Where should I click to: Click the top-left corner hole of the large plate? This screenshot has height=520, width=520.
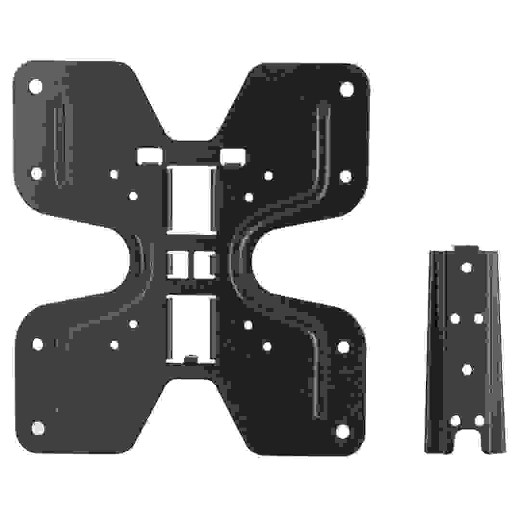point(36,87)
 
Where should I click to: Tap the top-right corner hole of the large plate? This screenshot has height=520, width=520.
point(346,89)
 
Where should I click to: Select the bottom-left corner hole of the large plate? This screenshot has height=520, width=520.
point(38,428)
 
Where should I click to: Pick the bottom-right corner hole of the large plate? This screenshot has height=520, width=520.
point(342,431)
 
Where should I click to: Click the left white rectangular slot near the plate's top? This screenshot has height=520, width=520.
point(149,155)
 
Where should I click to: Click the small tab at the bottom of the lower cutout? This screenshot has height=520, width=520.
point(191,359)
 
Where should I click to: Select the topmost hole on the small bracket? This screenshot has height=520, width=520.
point(466,267)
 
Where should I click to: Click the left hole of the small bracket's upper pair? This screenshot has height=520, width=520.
point(455,318)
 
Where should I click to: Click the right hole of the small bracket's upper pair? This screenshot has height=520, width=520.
point(478,318)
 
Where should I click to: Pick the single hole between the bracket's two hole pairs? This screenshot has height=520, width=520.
point(467,369)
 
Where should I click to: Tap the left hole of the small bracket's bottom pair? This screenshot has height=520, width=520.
point(455,420)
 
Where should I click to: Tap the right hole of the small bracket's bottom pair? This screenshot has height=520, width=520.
point(479,420)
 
